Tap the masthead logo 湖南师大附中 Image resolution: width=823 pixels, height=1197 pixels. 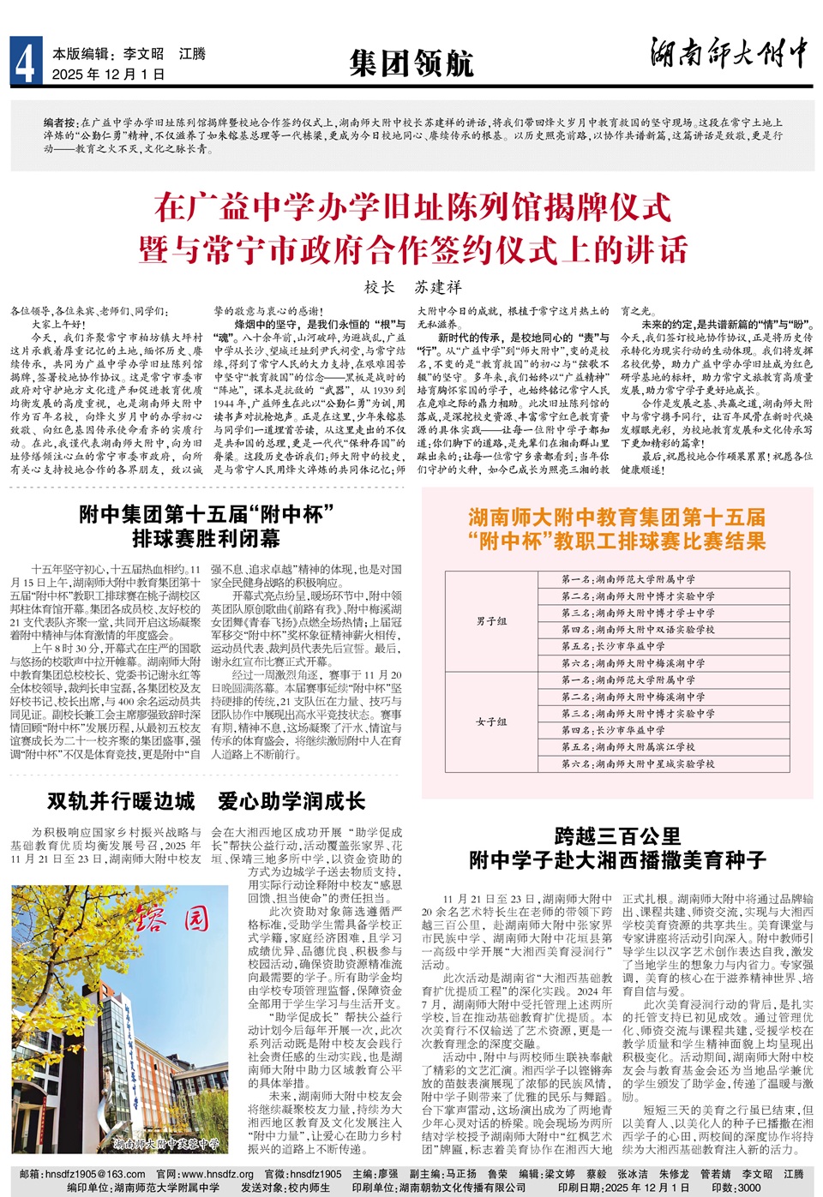(729, 53)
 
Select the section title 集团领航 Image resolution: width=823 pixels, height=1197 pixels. (411, 63)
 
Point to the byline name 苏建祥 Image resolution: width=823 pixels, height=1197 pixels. (438, 287)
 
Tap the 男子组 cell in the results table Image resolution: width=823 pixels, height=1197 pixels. (491, 621)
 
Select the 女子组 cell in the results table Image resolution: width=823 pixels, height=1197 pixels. (491, 721)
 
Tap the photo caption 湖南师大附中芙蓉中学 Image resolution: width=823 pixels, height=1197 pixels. (166, 1143)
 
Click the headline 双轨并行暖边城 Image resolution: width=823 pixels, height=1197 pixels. (121, 801)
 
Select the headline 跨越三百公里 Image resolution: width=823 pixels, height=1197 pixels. (617, 836)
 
